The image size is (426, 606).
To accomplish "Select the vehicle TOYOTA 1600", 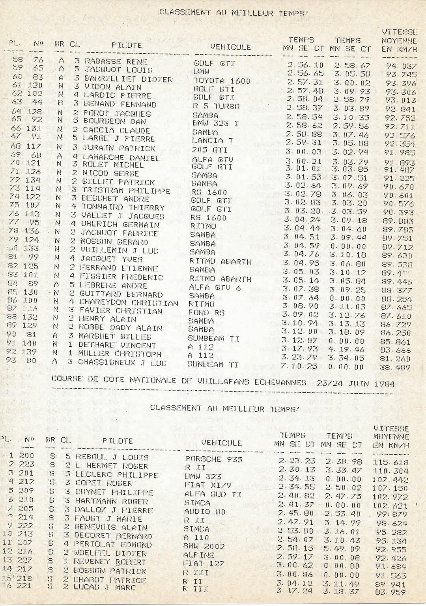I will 222,81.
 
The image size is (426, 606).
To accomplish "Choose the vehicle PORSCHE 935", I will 213,459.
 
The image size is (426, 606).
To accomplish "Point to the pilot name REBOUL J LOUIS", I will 112,457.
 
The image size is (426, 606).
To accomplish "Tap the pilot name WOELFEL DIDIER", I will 110,554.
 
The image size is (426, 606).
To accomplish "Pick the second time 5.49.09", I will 342,548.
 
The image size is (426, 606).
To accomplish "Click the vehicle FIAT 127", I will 204,563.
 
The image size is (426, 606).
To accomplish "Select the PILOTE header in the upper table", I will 127,45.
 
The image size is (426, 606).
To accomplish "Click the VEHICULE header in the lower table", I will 221,442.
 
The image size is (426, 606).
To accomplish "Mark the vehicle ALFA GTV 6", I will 215,287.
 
